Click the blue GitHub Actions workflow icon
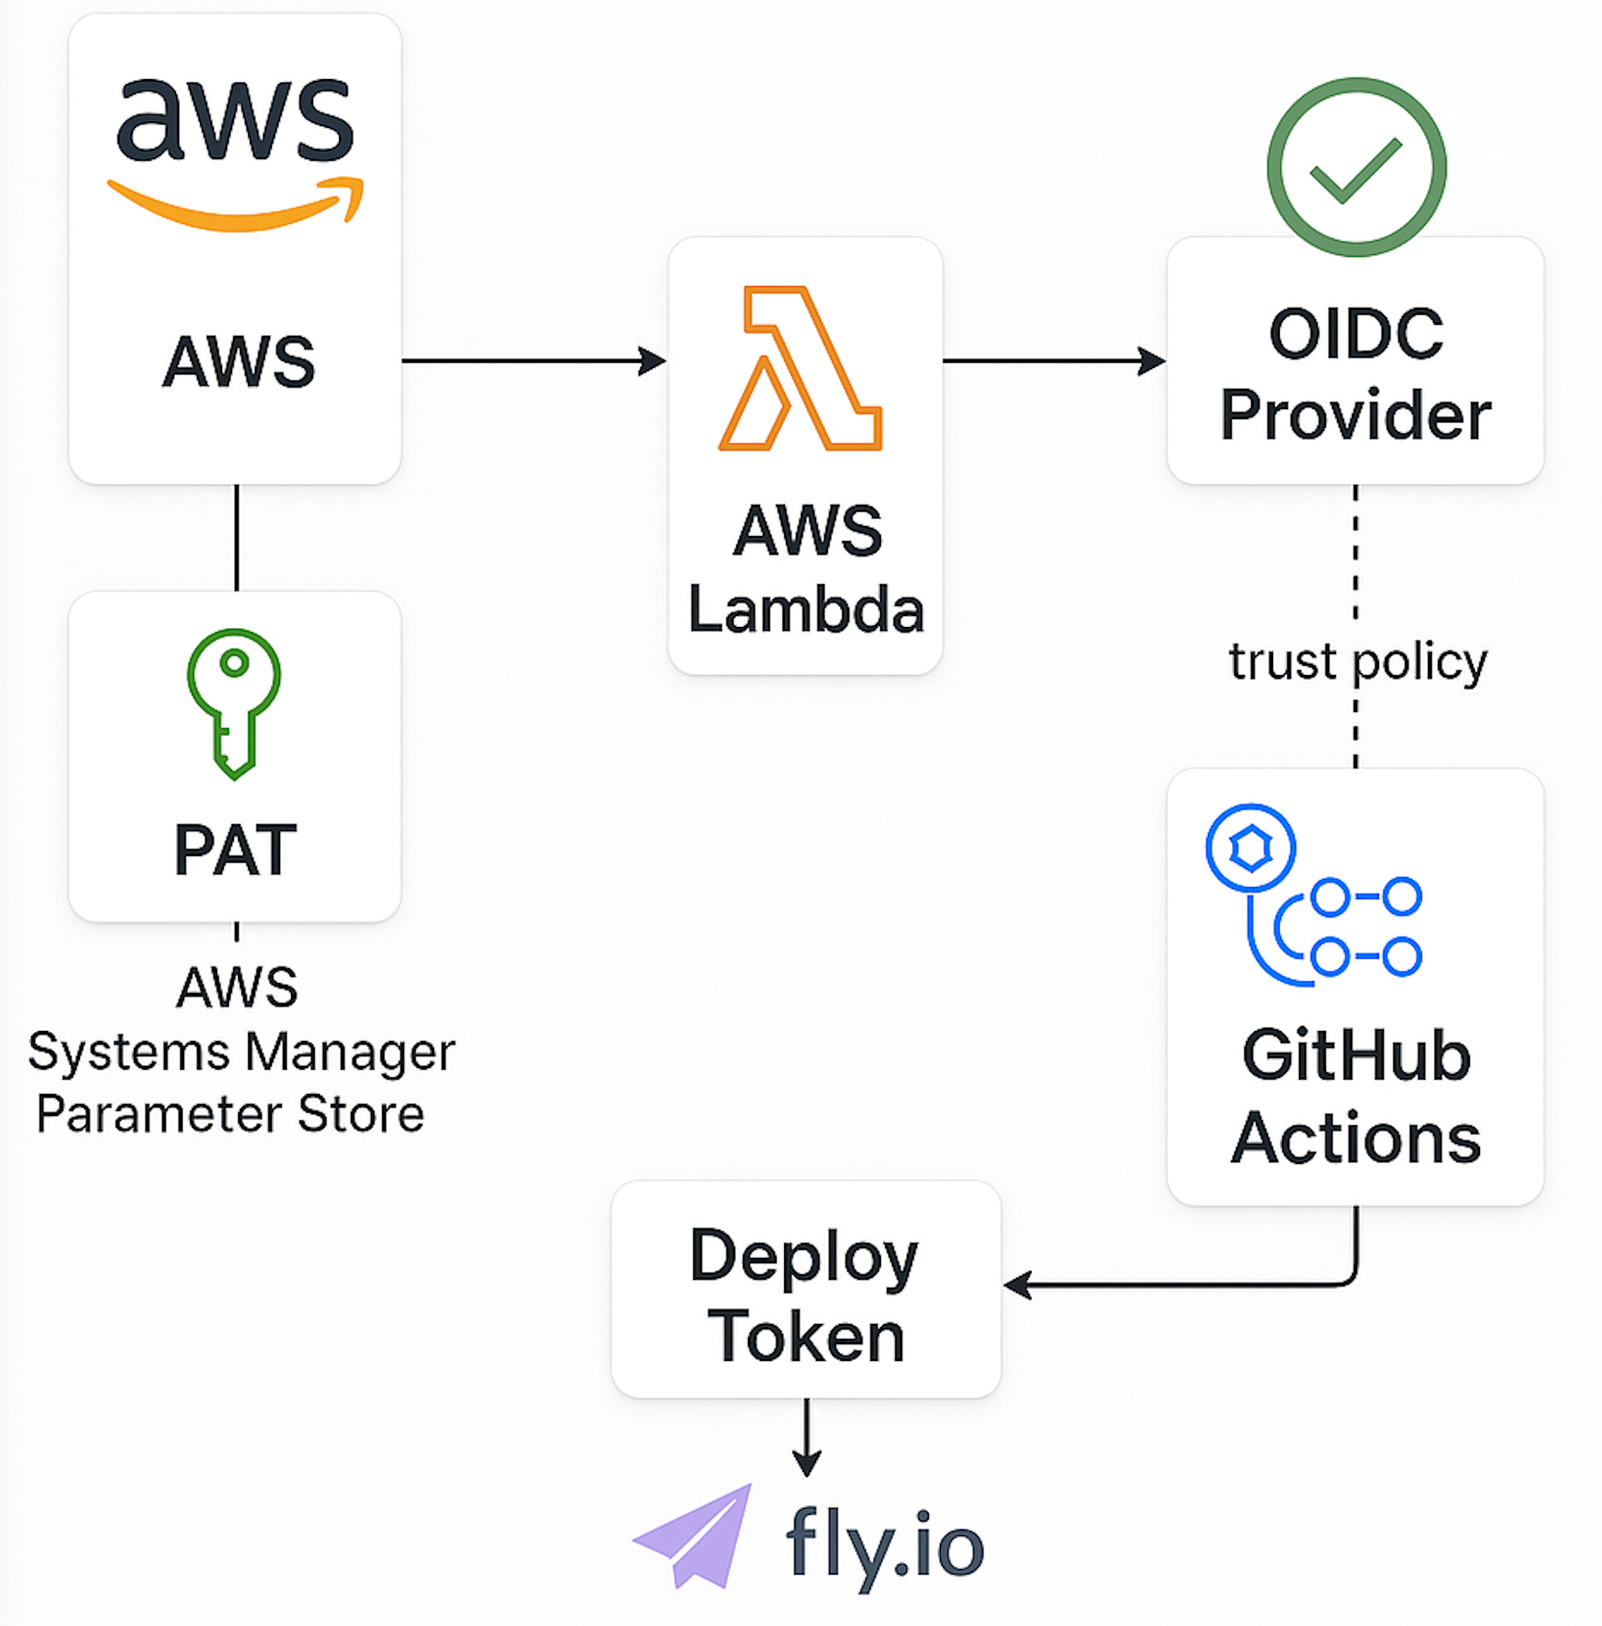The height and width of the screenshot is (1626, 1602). pyautogui.click(x=1313, y=895)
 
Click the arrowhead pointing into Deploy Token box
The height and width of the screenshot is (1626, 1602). pyautogui.click(x=1018, y=1285)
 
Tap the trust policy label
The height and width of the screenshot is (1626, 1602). pyautogui.click(x=1357, y=662)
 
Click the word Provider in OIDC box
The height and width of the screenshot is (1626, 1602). pyautogui.click(x=1355, y=415)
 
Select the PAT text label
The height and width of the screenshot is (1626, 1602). pyautogui.click(x=236, y=850)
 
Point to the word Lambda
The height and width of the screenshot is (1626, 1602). pyautogui.click(x=805, y=609)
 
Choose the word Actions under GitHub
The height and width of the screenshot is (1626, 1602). pyautogui.click(x=1355, y=1138)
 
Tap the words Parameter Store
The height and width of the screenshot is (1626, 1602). pyautogui.click(x=231, y=1114)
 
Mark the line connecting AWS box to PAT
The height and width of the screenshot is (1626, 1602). pyautogui.click(x=236, y=537)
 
